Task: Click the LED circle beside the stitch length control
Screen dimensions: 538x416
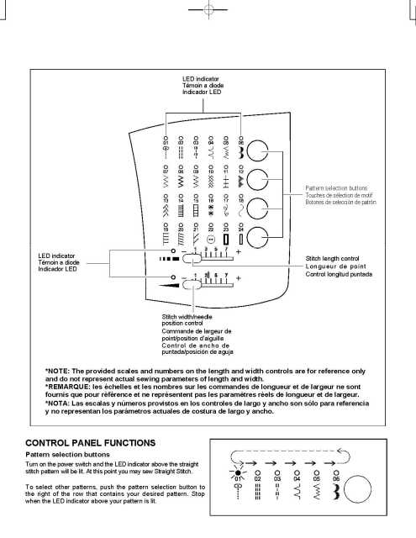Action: pyautogui.click(x=172, y=251)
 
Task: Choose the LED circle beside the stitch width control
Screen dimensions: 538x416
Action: pyautogui.click(x=172, y=277)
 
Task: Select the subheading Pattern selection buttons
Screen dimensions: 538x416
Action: pyautogui.click(x=66, y=453)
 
